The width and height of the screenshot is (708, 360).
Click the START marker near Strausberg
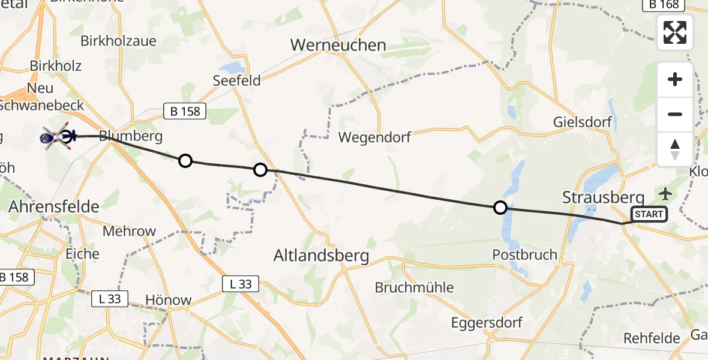coord(649,214)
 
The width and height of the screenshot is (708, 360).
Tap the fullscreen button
coord(675,32)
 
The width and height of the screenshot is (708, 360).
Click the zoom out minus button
coord(675,114)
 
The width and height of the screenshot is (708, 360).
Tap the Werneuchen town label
coord(338,45)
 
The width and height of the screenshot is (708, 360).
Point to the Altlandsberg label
coord(321,256)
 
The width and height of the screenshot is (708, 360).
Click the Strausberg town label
coord(603,197)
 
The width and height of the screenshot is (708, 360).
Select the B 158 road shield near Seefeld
coord(185,111)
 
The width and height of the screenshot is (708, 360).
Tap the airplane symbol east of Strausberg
coord(665,193)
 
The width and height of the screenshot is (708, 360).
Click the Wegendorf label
coord(374,137)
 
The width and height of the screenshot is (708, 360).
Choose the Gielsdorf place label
coord(583,122)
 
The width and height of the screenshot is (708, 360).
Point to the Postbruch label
coord(525,254)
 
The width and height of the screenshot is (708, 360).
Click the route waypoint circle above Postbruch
coord(500,208)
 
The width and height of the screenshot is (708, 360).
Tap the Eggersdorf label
coord(487,322)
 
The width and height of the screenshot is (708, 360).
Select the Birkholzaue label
coord(118,41)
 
